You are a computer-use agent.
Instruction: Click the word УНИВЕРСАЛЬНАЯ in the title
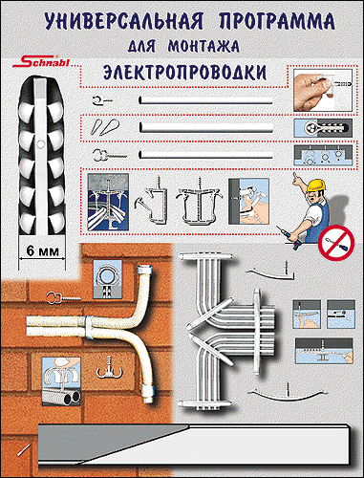[x=123, y=22]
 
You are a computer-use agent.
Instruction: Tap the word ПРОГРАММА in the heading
[x=277, y=22]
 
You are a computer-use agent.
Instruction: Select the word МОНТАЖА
[x=203, y=47]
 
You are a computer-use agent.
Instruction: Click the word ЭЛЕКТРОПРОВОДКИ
[x=185, y=73]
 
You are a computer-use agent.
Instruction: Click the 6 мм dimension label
[x=43, y=251]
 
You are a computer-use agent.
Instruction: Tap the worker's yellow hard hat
[x=316, y=185]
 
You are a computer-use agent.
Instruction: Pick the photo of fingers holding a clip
[x=323, y=90]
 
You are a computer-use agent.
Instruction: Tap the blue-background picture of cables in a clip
[x=108, y=203]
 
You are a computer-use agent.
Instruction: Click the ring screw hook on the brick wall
[x=64, y=298]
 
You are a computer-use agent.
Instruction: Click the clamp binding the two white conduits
[x=89, y=328]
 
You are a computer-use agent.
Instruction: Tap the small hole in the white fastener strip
[x=40, y=144]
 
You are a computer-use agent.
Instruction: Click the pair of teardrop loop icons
[x=105, y=127]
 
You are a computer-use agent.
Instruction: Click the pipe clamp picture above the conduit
[x=108, y=279]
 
